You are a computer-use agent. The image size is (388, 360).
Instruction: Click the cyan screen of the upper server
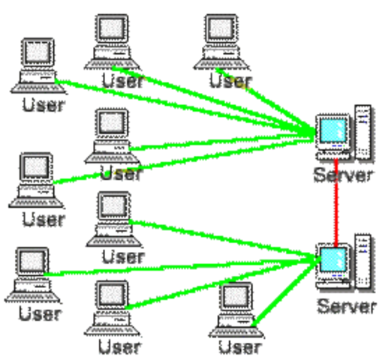330,131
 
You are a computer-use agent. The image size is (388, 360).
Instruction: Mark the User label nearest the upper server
230,80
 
